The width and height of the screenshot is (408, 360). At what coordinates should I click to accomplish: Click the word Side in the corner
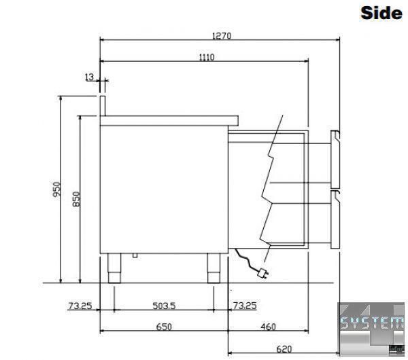(x=381, y=13)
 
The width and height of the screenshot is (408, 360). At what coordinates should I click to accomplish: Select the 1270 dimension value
(x=222, y=35)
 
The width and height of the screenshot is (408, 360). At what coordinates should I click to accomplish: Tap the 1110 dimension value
(x=207, y=57)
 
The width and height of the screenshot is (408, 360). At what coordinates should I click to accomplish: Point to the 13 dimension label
(x=89, y=77)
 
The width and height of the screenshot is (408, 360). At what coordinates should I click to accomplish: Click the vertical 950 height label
(x=56, y=189)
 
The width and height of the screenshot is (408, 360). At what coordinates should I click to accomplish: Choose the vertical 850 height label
(x=76, y=199)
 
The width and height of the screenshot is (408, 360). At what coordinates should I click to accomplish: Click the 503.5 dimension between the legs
(x=164, y=306)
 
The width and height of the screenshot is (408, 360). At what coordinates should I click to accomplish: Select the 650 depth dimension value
(x=164, y=327)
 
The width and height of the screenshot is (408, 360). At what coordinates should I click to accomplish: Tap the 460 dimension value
(x=269, y=327)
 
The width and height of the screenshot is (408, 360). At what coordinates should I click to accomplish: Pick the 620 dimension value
(x=284, y=349)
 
